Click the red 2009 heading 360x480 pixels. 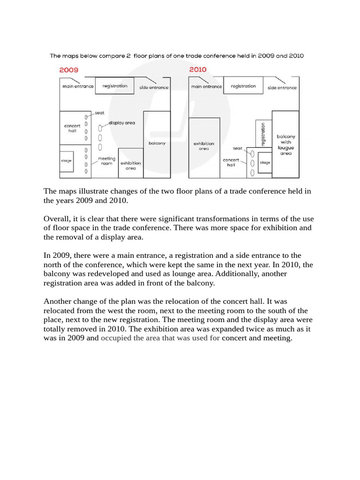[68, 69]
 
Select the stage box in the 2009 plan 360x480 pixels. [66, 161]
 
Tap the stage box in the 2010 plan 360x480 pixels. [265, 163]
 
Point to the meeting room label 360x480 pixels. [106, 161]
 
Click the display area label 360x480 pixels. [122, 123]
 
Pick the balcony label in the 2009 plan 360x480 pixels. [157, 143]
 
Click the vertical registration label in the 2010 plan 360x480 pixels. [263, 134]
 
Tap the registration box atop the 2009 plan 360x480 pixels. [115, 86]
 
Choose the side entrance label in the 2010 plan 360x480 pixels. [282, 88]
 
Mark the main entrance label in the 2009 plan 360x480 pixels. [78, 87]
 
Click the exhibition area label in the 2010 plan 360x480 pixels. [204, 146]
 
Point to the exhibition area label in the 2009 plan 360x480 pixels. [131, 165]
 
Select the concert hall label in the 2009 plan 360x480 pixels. [72, 128]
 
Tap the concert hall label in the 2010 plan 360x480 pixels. [231, 162]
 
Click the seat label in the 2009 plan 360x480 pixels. [99, 113]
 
